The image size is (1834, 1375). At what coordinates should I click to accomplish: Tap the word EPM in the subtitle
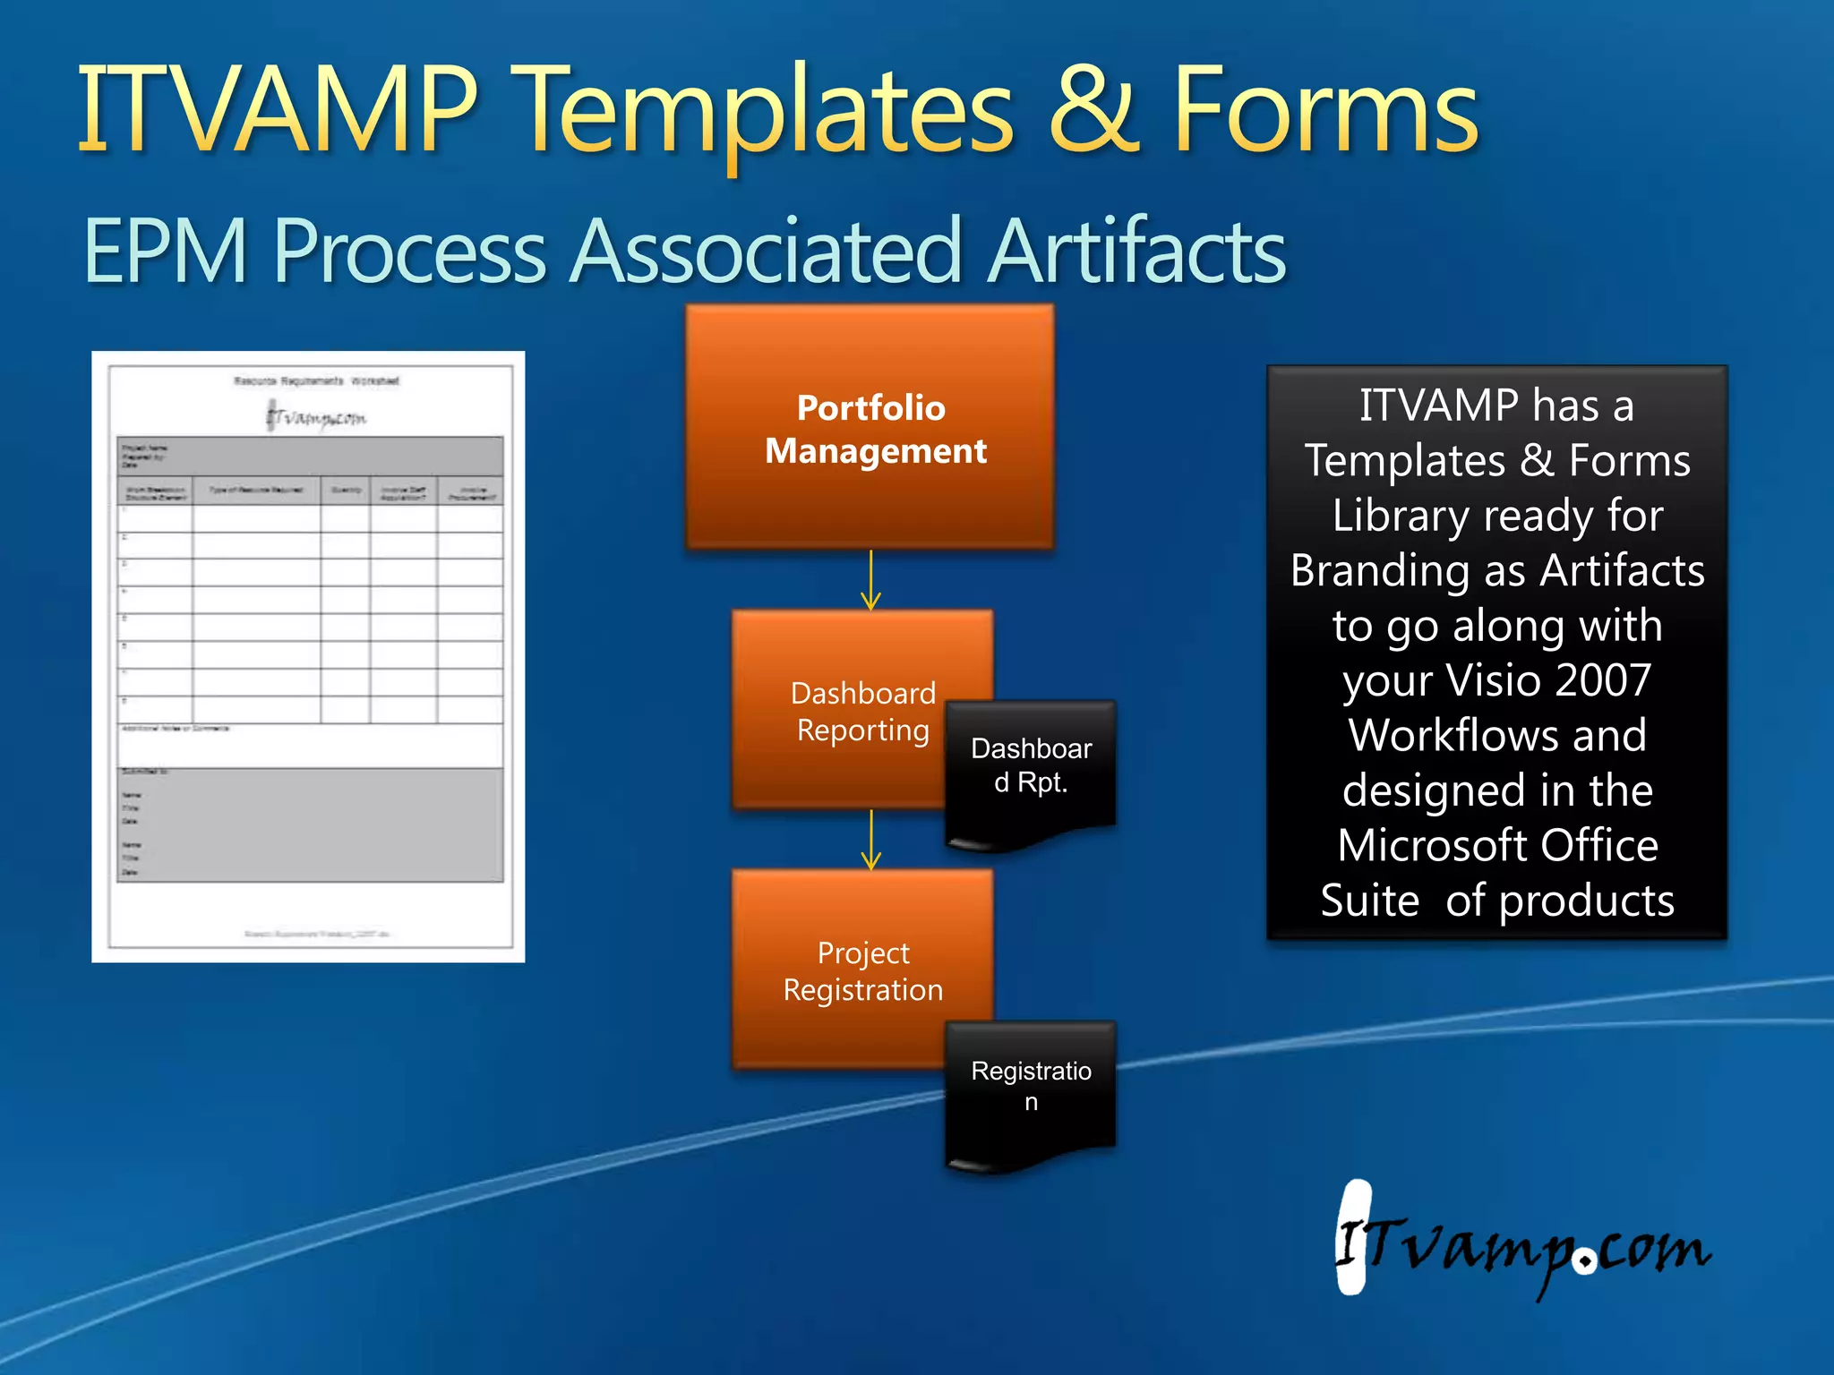point(166,252)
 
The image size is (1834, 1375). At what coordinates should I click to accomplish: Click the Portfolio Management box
point(870,428)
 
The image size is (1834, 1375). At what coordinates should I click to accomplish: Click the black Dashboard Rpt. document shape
point(1031,770)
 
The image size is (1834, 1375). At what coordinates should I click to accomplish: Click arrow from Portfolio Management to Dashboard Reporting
point(870,580)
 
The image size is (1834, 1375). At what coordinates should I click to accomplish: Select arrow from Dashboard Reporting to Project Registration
point(870,840)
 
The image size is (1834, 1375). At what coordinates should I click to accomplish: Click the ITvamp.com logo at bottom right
point(1522,1244)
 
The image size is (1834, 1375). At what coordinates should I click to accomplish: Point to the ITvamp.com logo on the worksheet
point(316,417)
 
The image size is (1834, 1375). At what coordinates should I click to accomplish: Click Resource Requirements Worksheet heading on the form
point(316,381)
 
